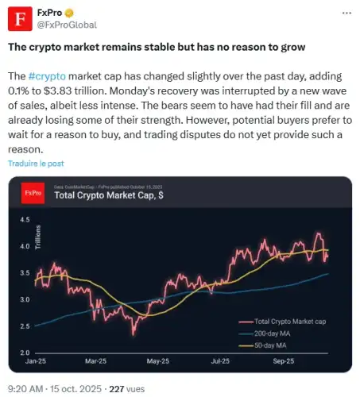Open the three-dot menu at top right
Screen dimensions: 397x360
tap(342, 14)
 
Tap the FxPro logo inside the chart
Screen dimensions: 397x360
tap(33, 192)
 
